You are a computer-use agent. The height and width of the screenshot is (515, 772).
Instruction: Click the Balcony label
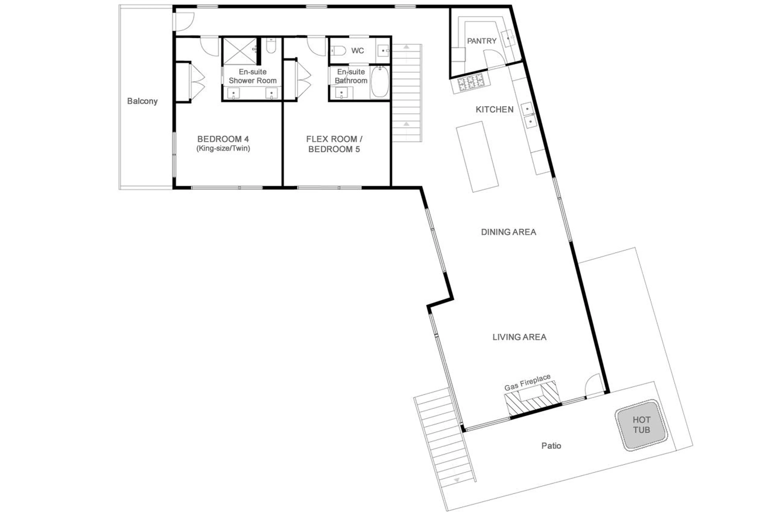(142, 101)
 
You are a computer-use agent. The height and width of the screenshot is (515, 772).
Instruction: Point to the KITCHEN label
(494, 109)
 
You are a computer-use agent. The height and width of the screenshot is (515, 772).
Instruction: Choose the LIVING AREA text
(519, 337)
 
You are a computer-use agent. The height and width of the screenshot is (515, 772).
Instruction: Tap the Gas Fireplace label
(527, 383)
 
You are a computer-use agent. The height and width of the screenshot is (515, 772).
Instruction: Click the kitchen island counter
(477, 157)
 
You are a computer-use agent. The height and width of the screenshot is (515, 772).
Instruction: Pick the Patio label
(551, 446)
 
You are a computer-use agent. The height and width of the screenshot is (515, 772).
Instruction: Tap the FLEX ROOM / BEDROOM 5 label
(334, 144)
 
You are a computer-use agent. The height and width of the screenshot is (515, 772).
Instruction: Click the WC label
(357, 51)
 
